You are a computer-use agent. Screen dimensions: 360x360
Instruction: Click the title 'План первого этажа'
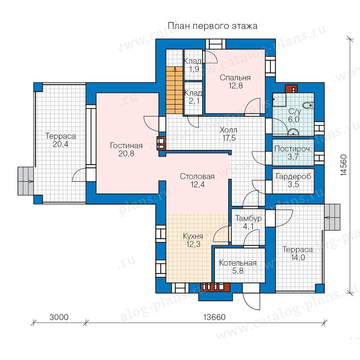click(212, 26)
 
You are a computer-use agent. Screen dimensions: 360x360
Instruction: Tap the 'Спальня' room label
click(235, 78)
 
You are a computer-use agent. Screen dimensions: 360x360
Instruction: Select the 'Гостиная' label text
click(126, 146)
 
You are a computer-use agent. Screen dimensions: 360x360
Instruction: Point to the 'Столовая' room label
click(197, 176)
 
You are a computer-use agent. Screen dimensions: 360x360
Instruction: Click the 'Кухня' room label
click(193, 236)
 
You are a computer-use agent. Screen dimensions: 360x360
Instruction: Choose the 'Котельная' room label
click(238, 263)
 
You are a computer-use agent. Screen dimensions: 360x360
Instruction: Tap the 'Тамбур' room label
click(248, 218)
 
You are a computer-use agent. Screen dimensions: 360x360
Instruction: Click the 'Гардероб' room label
click(294, 176)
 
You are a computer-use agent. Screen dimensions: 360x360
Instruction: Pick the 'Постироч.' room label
click(293, 149)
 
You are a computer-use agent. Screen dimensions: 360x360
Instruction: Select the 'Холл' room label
click(228, 130)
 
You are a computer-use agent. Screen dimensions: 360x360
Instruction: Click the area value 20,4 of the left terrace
click(61, 144)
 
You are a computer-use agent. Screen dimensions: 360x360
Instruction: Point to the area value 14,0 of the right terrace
click(298, 258)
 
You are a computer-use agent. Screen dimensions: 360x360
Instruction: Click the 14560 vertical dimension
click(343, 165)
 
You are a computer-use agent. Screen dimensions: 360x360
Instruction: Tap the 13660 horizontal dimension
click(214, 317)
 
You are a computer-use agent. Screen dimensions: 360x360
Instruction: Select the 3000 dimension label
click(59, 317)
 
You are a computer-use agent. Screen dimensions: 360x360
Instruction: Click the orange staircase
click(174, 90)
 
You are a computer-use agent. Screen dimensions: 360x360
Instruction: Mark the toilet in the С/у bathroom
click(308, 106)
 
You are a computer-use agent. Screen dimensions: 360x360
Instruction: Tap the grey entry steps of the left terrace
click(26, 181)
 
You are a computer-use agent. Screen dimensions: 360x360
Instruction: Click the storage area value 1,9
click(194, 69)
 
